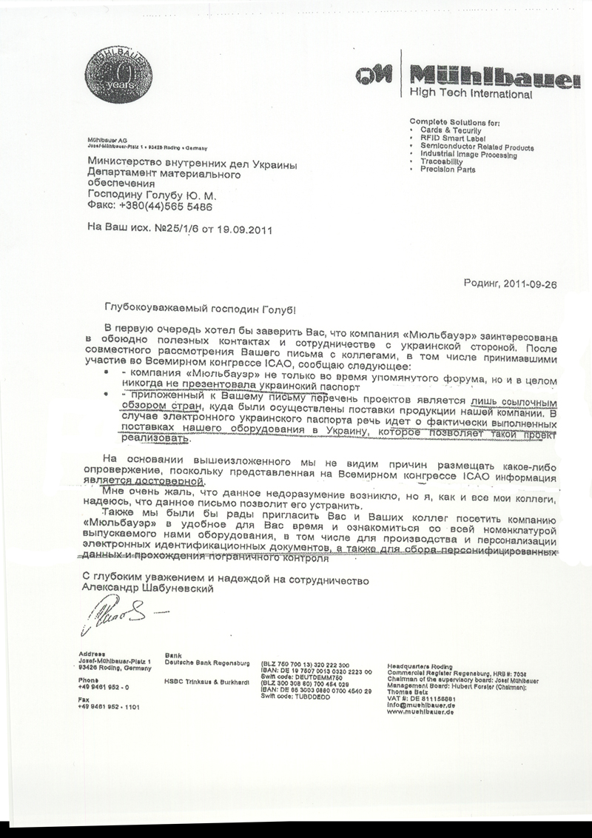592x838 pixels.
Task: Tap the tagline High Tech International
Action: tap(471, 94)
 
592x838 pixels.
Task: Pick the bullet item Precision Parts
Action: tap(448, 170)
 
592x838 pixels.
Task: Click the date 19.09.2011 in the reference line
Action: tap(243, 229)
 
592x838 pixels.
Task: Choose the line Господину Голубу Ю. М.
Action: tap(152, 195)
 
